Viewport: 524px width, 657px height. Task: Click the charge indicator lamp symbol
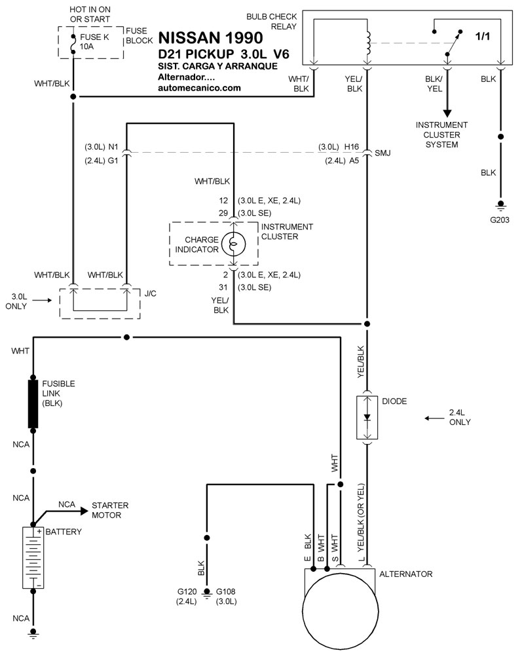[234, 244]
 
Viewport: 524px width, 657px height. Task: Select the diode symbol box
[367, 417]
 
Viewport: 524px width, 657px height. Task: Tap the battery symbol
[33, 558]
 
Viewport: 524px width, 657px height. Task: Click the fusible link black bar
[33, 404]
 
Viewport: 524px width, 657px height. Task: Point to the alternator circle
[340, 610]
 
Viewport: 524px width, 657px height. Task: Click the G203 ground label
[500, 220]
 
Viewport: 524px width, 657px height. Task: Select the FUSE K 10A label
[94, 41]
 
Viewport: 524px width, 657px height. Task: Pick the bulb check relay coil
[367, 43]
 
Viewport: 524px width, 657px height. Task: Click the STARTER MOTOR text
[110, 510]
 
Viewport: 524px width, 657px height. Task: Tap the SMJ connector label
[383, 153]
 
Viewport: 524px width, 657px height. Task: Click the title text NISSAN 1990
[210, 38]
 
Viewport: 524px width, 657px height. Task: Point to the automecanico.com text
[199, 88]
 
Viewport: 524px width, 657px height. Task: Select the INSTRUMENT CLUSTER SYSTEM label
[441, 134]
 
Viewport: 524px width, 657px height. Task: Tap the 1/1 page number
[482, 37]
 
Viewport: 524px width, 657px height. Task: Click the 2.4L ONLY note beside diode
[460, 417]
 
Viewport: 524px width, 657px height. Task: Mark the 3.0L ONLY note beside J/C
[16, 301]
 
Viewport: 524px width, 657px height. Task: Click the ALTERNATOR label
[405, 574]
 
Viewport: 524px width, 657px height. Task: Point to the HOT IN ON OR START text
[90, 14]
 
